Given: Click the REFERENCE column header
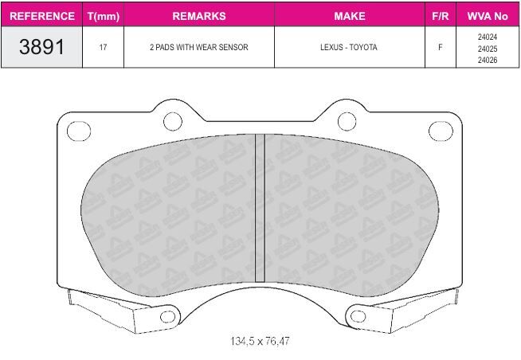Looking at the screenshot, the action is pyautogui.click(x=42, y=16).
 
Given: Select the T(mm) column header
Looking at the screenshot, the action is pyautogui.click(x=104, y=16).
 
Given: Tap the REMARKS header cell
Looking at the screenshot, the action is pyautogui.click(x=199, y=16).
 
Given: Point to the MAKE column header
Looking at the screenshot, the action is pyautogui.click(x=350, y=16).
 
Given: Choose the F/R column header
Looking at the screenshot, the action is pyautogui.click(x=441, y=16).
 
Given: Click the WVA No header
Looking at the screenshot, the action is pyautogui.click(x=488, y=16).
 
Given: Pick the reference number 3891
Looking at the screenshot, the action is pyautogui.click(x=41, y=46).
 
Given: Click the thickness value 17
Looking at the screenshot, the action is pyautogui.click(x=103, y=47).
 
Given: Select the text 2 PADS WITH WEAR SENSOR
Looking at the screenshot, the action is pyautogui.click(x=198, y=47).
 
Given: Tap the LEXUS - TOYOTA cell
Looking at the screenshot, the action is pyautogui.click(x=349, y=47).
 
